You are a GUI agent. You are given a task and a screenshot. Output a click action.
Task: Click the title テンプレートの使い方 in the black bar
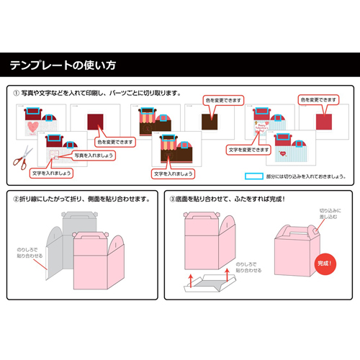(x=62, y=66)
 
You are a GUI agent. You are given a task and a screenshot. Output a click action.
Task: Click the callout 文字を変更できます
(x=248, y=150)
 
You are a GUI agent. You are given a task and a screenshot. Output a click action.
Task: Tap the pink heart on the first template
(x=32, y=127)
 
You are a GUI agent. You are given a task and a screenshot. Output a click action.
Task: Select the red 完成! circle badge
(x=325, y=264)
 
